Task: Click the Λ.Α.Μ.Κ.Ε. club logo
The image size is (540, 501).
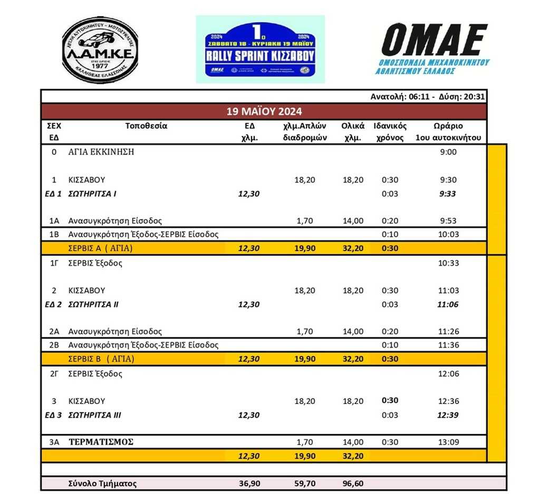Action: click(100, 50)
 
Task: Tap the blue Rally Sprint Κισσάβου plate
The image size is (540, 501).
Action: click(261, 49)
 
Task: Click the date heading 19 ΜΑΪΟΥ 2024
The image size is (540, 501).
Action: click(264, 112)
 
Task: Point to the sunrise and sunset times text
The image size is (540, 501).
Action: click(428, 97)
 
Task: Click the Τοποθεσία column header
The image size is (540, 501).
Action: click(146, 126)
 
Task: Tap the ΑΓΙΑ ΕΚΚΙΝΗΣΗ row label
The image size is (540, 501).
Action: click(101, 152)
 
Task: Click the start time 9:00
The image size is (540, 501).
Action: click(448, 152)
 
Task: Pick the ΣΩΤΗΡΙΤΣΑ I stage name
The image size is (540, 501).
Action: click(92, 194)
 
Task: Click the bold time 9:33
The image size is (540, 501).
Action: click(448, 194)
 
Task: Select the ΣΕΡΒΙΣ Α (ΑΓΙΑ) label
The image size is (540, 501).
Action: click(101, 248)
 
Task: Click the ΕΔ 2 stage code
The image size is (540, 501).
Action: click(53, 304)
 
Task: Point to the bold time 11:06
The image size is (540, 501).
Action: click(448, 304)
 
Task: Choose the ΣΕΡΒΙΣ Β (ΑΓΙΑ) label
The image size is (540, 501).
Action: click(101, 359)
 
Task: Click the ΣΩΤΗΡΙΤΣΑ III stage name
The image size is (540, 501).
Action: click(95, 415)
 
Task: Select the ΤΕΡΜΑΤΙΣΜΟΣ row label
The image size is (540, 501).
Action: click(101, 442)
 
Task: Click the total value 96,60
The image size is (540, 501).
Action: click(352, 484)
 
